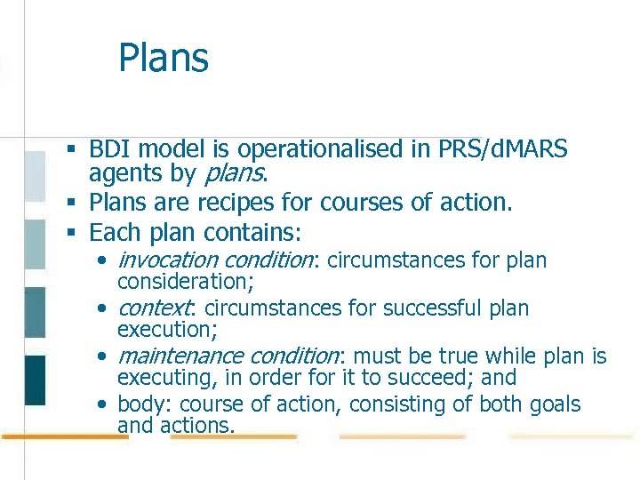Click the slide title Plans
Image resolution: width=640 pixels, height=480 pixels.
(x=164, y=59)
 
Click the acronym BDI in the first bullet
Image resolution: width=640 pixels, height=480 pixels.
(x=108, y=149)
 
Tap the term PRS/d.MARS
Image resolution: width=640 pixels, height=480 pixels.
(x=502, y=149)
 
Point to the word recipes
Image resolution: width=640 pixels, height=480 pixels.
(x=244, y=203)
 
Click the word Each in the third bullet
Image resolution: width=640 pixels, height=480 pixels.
(x=113, y=233)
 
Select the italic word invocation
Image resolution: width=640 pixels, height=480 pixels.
(x=168, y=260)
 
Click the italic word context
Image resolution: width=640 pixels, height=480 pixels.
(x=154, y=308)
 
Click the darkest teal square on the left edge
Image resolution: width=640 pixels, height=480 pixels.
(x=35, y=380)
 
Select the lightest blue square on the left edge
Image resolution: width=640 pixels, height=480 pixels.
(x=35, y=175)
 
